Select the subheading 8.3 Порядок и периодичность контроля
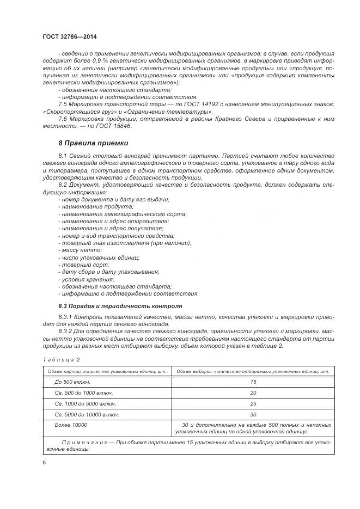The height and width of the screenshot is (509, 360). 120,306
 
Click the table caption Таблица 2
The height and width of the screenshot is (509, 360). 61,359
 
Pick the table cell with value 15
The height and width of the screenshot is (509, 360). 253,382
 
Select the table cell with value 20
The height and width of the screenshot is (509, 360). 253,393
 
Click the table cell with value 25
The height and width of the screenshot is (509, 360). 253,403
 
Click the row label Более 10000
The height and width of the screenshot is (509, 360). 71,424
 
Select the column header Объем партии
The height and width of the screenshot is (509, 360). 107,371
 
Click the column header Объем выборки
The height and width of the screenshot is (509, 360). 253,371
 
